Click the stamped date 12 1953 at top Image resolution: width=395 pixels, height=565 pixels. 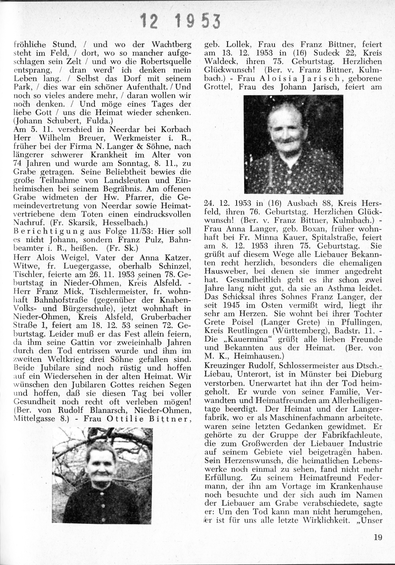pyautogui.click(x=180, y=21)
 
